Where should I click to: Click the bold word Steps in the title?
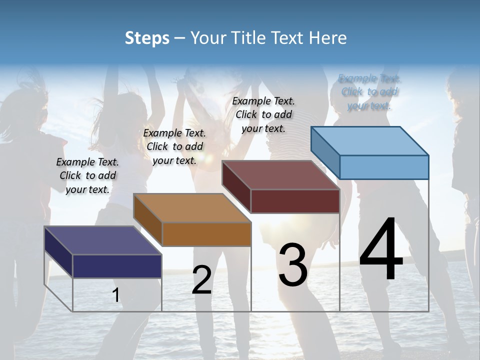(x=147, y=38)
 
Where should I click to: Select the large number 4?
(x=381, y=250)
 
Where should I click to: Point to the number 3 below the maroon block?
(x=293, y=265)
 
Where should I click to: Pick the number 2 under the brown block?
(x=201, y=280)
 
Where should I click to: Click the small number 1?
(x=116, y=295)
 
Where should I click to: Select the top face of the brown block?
(x=192, y=208)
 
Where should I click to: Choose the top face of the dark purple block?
(x=103, y=240)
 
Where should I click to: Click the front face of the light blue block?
(x=384, y=167)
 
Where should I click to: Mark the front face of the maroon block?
(x=295, y=201)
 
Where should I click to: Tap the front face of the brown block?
(x=206, y=234)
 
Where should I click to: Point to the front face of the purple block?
(x=117, y=266)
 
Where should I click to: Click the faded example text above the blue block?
(x=369, y=92)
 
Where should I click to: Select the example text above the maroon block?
(x=263, y=114)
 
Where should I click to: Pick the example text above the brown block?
(x=174, y=146)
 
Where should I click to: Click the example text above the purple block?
(x=87, y=175)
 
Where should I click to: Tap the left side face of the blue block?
(x=325, y=152)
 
